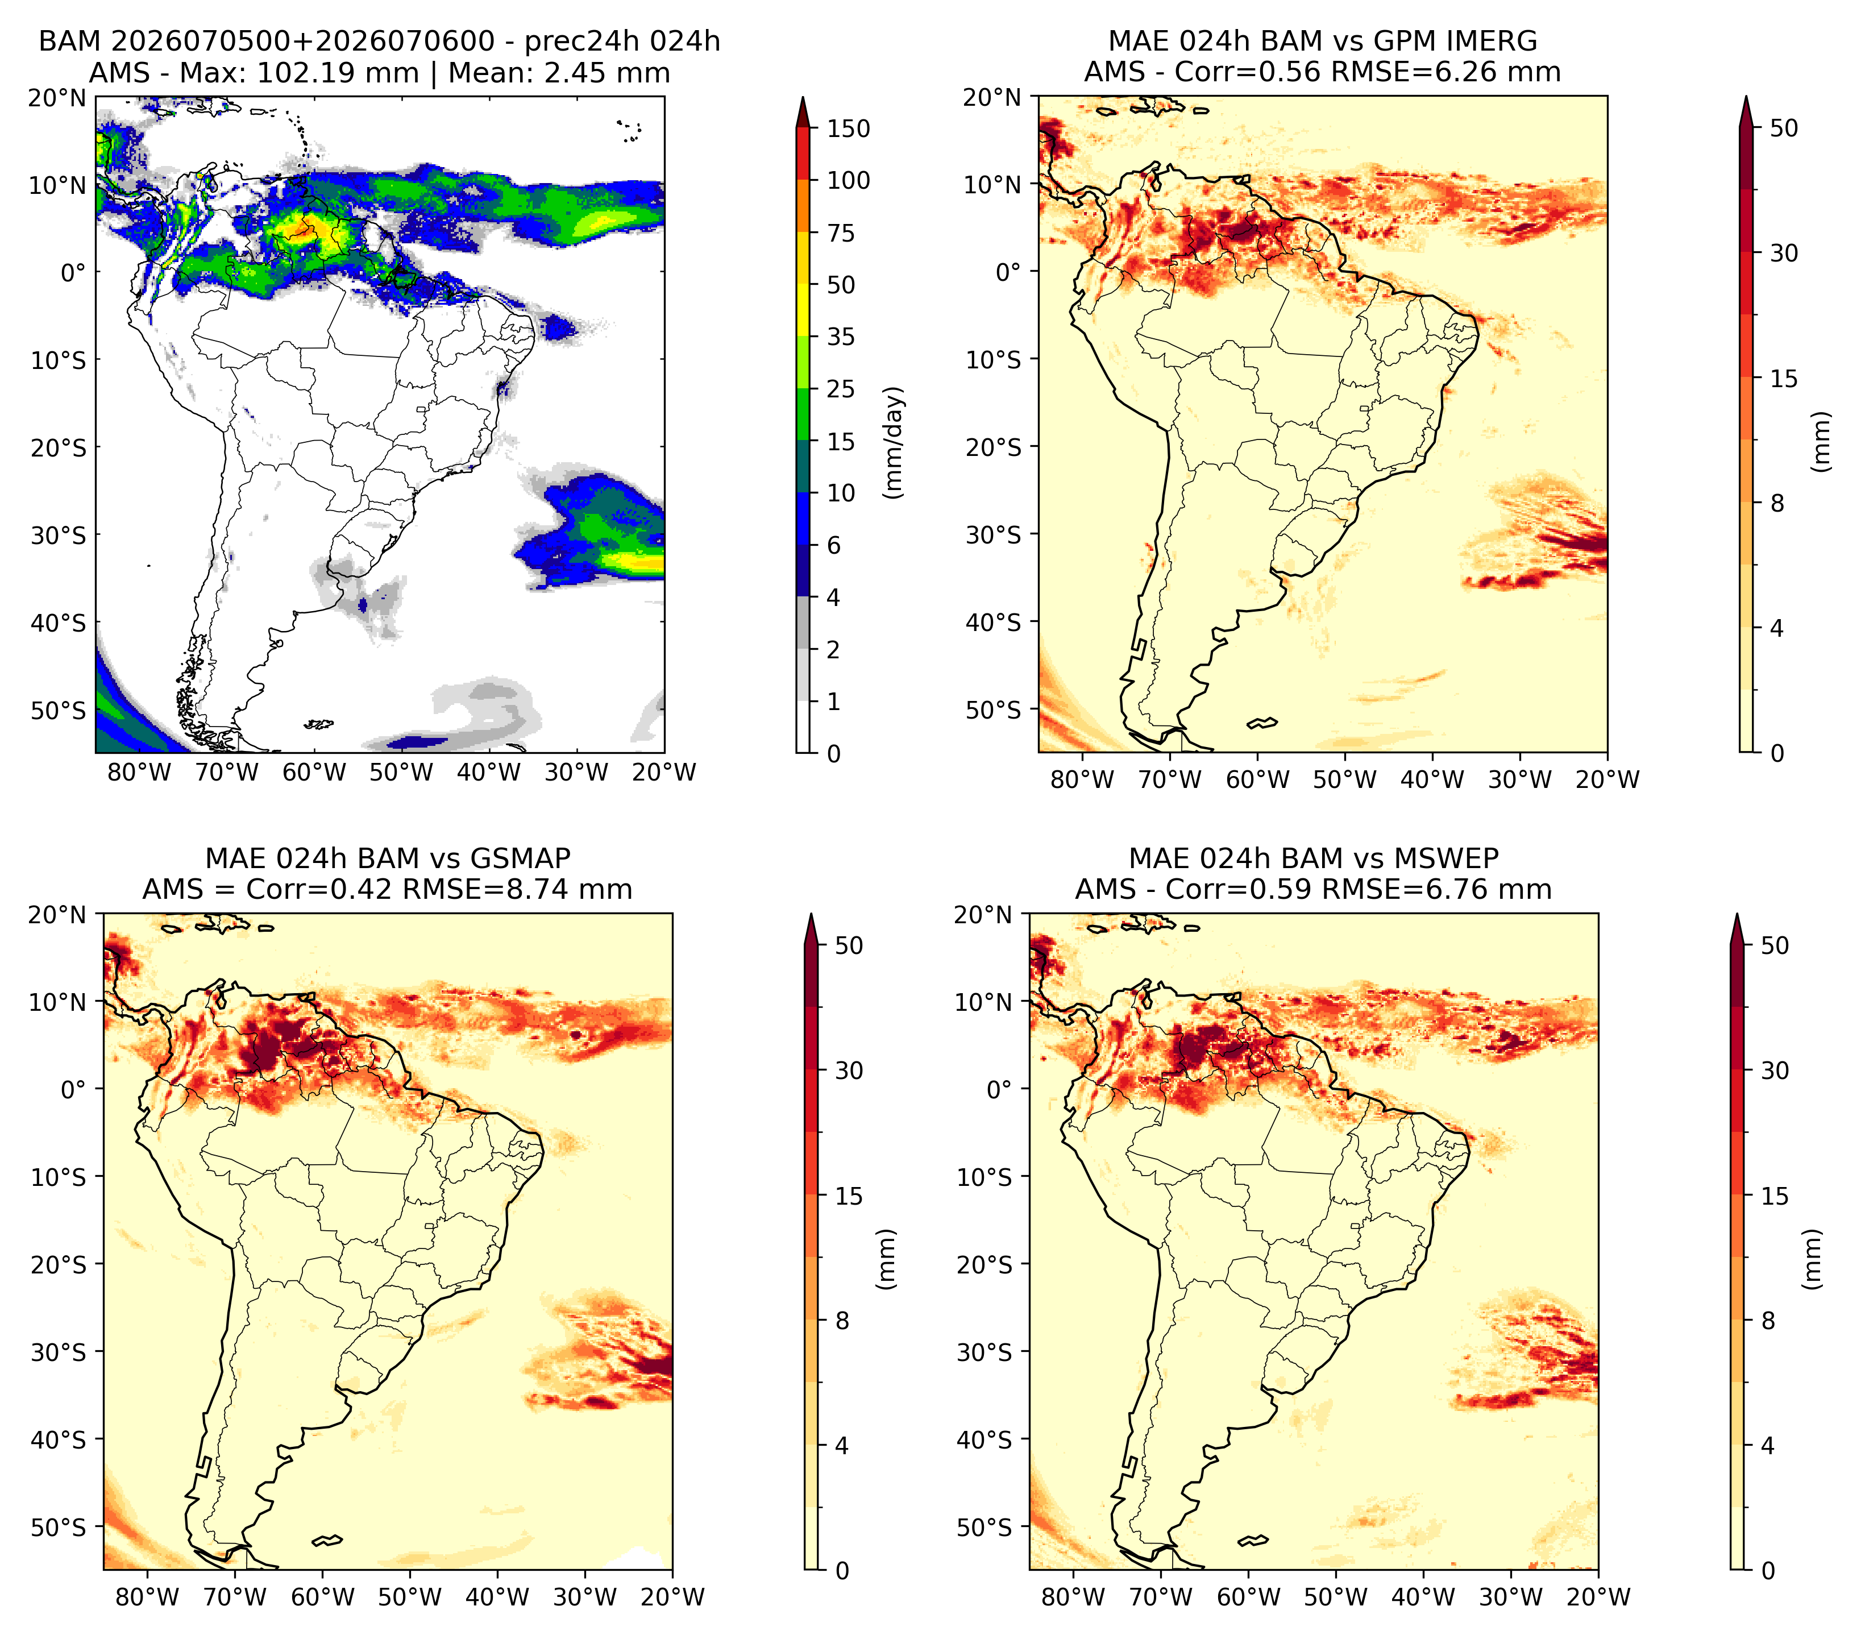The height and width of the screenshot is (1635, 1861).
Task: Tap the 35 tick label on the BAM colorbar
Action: pyautogui.click(x=840, y=337)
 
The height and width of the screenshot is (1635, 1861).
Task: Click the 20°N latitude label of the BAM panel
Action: pyautogui.click(x=56, y=97)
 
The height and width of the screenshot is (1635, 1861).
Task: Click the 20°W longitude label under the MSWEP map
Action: pyautogui.click(x=1599, y=1597)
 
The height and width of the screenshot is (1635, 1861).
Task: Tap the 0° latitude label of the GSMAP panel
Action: pyautogui.click(x=74, y=1089)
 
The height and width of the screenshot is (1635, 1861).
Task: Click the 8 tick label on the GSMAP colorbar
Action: pyautogui.click(x=841, y=1320)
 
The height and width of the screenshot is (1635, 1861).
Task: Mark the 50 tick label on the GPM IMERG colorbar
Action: pyautogui.click(x=1784, y=128)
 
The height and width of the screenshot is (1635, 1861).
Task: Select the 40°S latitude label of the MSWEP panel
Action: pyautogui.click(x=985, y=1439)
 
